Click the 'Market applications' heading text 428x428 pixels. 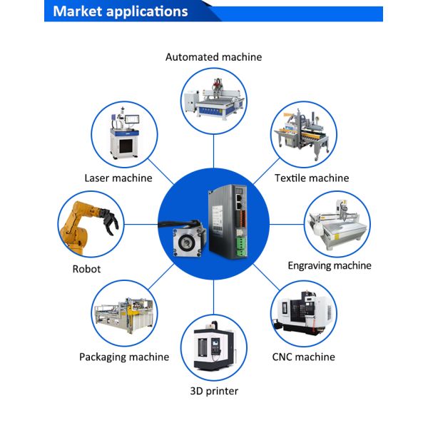coord(121,11)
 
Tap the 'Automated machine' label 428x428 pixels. coord(213,57)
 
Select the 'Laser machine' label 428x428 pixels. coord(118,178)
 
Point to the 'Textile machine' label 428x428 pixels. coord(312,178)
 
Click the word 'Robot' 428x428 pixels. coord(86,269)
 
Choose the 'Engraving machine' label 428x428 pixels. coord(330,265)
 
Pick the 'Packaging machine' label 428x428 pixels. coord(124,357)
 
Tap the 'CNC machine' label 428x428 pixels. coord(304,357)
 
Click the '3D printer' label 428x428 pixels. coord(214,391)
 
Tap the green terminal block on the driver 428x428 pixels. coord(241,246)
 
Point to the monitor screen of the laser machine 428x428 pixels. coord(133,119)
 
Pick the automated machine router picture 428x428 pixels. coord(214,100)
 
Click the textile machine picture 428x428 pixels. coord(304,134)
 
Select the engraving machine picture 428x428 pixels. coord(337,225)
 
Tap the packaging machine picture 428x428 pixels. coord(124,315)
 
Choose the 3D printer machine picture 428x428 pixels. coord(214,346)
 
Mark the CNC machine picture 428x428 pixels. coord(303,312)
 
